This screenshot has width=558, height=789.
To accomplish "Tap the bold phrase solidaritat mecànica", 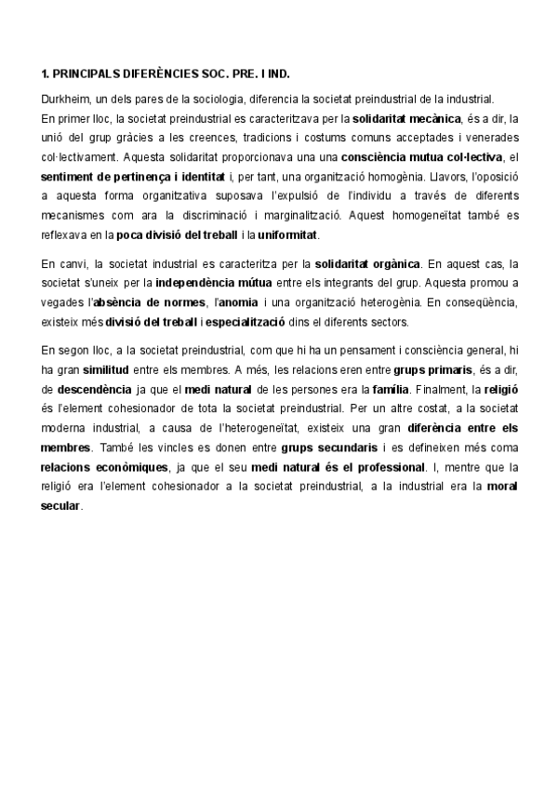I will (x=406, y=118).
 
